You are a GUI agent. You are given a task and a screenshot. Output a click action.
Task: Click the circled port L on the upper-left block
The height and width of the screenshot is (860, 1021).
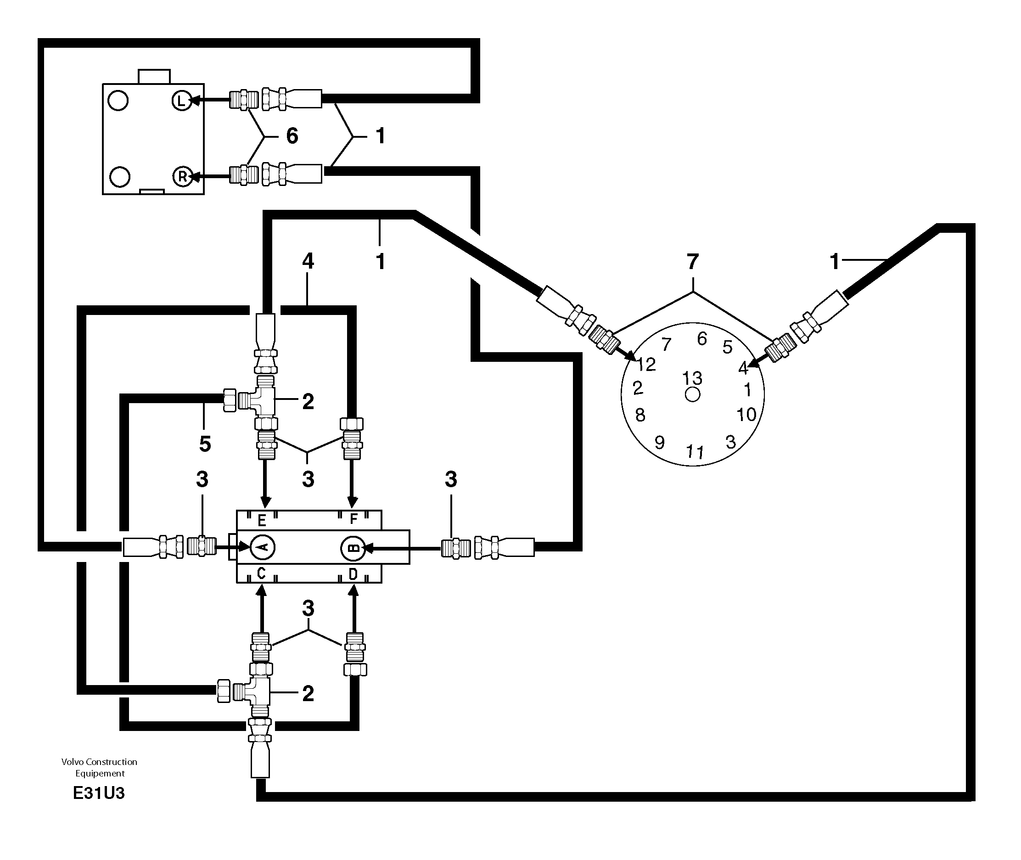click(181, 101)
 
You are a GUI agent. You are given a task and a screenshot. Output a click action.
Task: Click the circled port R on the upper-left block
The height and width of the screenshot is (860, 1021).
click(182, 176)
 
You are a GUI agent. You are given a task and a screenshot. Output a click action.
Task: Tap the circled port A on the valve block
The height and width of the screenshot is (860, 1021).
click(262, 547)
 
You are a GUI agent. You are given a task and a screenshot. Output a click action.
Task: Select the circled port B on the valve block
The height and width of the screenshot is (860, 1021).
click(353, 547)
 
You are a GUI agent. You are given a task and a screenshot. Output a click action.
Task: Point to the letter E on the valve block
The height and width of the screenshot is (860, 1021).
click(262, 521)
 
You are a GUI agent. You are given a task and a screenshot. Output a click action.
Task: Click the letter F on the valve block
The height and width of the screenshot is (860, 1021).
click(354, 519)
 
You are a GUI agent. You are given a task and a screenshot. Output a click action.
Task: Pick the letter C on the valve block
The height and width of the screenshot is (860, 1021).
click(261, 574)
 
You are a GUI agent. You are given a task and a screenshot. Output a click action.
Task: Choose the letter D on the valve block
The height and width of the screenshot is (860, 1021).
click(353, 574)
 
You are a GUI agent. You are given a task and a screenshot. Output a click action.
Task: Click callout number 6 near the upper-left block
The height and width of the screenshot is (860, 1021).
click(292, 136)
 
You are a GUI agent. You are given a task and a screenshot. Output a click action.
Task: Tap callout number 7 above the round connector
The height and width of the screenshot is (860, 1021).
click(692, 262)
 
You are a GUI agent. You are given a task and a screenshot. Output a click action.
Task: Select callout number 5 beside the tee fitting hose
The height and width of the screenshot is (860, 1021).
click(205, 444)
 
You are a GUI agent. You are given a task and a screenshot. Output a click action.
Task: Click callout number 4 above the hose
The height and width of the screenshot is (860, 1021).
click(308, 261)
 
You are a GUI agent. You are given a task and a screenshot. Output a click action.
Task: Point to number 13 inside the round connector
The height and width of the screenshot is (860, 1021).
click(692, 378)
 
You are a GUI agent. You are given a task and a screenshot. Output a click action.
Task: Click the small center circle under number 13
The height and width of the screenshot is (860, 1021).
click(692, 394)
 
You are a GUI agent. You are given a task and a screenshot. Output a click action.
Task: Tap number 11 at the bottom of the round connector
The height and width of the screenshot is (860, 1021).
click(695, 452)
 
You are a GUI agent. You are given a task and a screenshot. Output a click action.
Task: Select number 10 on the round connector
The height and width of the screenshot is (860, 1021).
click(746, 415)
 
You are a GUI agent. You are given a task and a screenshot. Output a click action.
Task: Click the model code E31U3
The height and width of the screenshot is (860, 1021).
click(99, 794)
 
